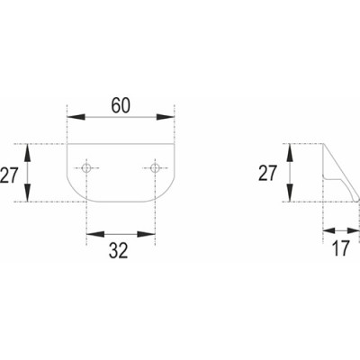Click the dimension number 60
tap(121, 105)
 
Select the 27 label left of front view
tap(9, 175)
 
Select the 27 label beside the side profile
tap(267, 173)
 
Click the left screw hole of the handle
tap(86, 168)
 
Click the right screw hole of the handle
tap(155, 168)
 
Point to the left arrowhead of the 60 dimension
tap(76, 117)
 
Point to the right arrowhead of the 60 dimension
tap(166, 117)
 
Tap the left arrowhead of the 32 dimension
tap(95, 234)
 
